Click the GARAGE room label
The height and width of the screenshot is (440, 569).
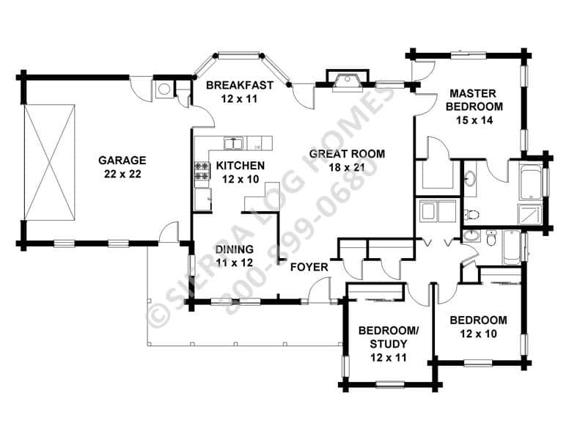(x=122, y=160)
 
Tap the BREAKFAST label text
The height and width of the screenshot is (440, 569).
(x=240, y=85)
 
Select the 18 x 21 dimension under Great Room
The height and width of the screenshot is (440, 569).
(x=347, y=167)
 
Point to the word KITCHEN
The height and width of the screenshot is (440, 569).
(x=241, y=166)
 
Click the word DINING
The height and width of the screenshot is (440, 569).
(x=235, y=249)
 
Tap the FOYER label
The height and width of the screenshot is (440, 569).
(x=309, y=268)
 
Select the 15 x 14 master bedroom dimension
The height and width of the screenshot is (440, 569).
(x=474, y=120)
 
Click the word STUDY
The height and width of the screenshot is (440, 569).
(x=389, y=344)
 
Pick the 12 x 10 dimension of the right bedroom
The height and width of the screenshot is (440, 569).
(x=478, y=334)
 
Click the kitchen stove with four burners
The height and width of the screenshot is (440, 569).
(x=202, y=171)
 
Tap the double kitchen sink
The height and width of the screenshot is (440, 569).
(x=234, y=144)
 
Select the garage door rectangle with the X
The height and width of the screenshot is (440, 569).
(x=49, y=162)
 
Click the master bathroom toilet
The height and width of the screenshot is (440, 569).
(x=471, y=214)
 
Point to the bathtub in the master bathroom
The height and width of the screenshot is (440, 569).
(x=531, y=183)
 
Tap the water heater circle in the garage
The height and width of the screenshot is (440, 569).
(x=164, y=89)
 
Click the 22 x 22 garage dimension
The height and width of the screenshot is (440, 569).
(x=122, y=175)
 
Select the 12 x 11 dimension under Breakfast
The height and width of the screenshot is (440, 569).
(x=240, y=99)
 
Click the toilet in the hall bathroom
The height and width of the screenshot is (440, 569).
(x=491, y=238)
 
